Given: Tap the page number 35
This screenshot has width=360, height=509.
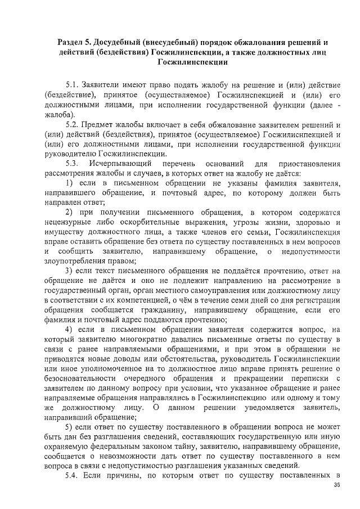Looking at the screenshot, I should coord(337,485).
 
